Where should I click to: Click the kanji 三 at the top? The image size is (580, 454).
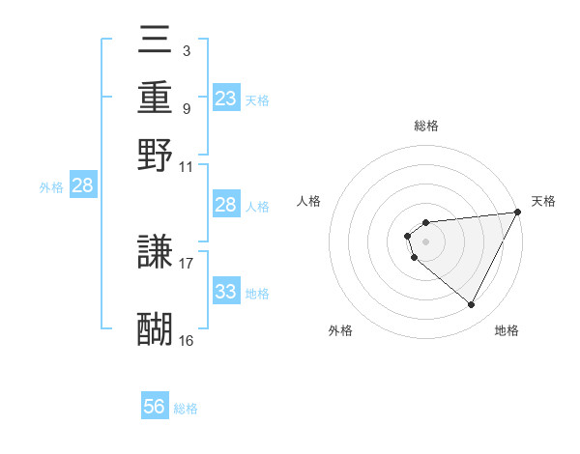[x=156, y=41]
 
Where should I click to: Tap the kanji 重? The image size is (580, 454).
[x=156, y=98]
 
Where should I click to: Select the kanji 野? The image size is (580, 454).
[x=156, y=155]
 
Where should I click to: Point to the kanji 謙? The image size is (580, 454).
[x=156, y=252]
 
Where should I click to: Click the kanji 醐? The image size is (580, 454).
[x=156, y=328]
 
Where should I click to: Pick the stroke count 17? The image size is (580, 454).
[x=187, y=262]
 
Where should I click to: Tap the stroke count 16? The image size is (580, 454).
[x=187, y=340]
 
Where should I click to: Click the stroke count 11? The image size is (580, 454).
[x=187, y=166]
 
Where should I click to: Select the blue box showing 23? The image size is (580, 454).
[x=226, y=99]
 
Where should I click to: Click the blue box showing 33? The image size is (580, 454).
[x=226, y=292]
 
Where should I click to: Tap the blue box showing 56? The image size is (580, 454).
[x=155, y=408]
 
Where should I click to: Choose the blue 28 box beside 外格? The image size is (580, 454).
[x=82, y=186]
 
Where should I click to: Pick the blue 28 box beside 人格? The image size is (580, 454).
[x=226, y=205]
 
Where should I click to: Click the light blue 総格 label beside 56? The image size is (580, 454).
[x=186, y=409]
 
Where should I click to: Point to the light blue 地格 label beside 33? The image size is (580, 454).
[x=257, y=293]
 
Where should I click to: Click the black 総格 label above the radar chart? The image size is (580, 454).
[x=425, y=126]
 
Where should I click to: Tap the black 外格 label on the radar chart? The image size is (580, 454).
[x=341, y=330]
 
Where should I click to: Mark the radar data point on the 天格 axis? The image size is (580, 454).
[x=518, y=213]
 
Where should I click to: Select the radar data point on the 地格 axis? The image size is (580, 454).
[x=472, y=305]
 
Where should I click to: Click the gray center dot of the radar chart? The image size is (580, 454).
[x=425, y=240]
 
